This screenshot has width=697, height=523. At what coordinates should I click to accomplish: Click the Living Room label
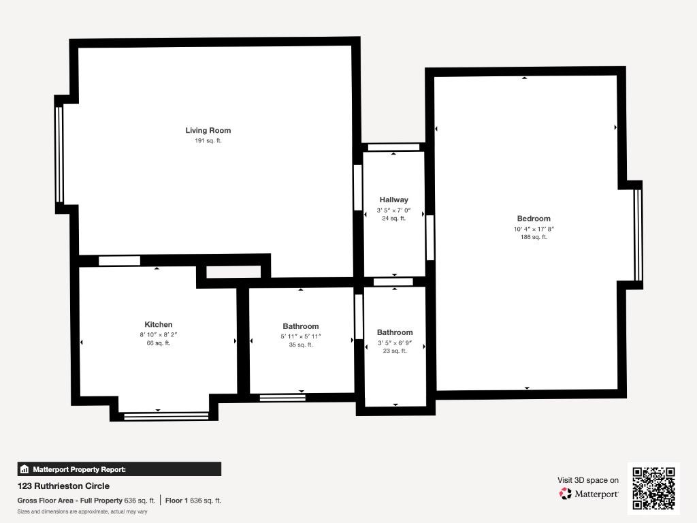click(208, 130)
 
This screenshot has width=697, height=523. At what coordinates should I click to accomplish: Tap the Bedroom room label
click(534, 219)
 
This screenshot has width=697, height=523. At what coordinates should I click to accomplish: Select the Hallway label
click(394, 200)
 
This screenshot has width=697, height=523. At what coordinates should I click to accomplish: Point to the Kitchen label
click(158, 325)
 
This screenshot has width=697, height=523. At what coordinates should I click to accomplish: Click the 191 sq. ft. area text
click(208, 140)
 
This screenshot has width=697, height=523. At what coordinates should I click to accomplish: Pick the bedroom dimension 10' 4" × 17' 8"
click(534, 229)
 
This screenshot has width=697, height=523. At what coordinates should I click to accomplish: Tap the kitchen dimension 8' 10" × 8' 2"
click(158, 335)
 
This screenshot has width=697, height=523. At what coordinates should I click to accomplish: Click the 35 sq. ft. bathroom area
click(300, 345)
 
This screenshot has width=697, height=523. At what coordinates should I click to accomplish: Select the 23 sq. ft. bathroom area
click(395, 351)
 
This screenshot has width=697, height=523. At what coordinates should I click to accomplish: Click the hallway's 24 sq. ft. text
click(394, 219)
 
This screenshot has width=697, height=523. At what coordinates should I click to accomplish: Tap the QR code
click(653, 488)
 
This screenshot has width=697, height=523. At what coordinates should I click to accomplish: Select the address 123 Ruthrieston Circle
click(63, 486)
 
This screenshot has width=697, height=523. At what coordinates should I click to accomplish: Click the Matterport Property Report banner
click(119, 469)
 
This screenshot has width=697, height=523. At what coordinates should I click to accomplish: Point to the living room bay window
click(60, 155)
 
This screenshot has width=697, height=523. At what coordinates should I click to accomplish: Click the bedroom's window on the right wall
click(638, 235)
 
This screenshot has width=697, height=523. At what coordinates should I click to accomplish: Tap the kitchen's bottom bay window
click(166, 416)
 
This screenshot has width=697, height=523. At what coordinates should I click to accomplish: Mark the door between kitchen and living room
click(119, 261)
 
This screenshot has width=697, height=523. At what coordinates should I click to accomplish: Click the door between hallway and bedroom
click(430, 238)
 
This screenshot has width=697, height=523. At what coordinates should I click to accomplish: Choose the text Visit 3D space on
click(588, 480)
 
